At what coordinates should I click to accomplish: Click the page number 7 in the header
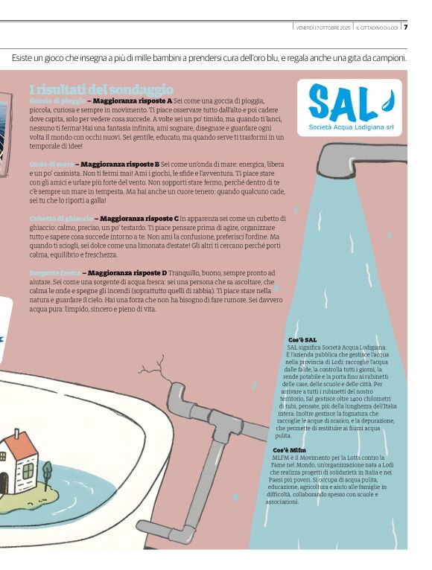[406, 28]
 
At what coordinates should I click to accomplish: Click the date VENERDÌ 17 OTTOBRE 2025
[323, 28]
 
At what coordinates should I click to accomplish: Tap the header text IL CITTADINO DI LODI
[377, 28]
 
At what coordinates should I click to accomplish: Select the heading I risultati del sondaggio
[101, 89]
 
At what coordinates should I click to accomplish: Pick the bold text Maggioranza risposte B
[120, 164]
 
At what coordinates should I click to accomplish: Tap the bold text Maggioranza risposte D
[127, 273]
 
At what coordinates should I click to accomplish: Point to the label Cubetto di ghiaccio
[61, 219]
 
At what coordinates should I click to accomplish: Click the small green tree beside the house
[47, 471]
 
